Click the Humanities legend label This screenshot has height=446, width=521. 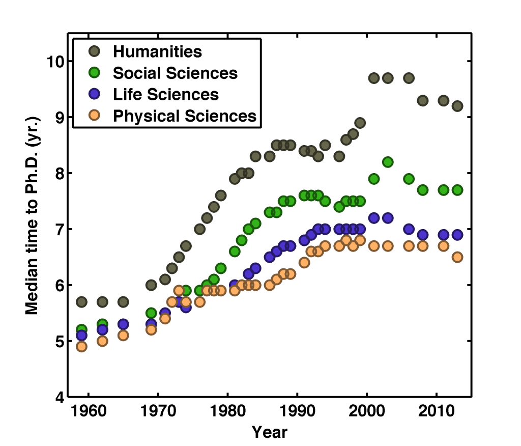(x=157, y=51)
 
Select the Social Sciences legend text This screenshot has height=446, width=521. (x=175, y=73)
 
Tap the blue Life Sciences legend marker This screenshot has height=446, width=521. (x=94, y=94)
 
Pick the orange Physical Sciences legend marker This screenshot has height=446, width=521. (x=94, y=116)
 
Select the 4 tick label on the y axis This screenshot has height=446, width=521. (x=58, y=397)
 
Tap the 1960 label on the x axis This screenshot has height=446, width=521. (x=89, y=411)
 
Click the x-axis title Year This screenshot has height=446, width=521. (x=270, y=433)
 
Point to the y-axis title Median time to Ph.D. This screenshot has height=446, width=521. (x=32, y=230)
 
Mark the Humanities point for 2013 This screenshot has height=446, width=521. (x=457, y=106)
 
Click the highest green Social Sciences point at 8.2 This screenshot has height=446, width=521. (x=388, y=162)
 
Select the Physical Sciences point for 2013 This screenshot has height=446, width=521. (x=457, y=257)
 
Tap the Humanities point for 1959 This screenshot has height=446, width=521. (x=81, y=302)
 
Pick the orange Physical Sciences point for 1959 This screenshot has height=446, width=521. (x=81, y=347)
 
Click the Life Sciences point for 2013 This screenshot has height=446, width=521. (x=457, y=235)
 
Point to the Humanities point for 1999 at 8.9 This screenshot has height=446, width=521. (x=360, y=123)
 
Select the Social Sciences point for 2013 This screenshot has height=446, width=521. (x=457, y=190)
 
